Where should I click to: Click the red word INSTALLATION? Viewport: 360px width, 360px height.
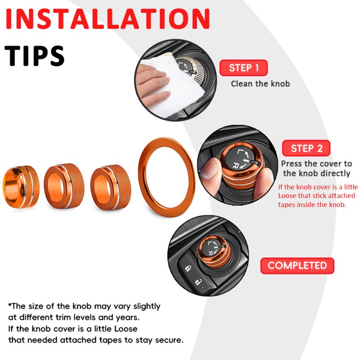pyautogui.click(x=108, y=19)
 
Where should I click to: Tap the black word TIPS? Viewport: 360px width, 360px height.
pyautogui.click(x=35, y=56)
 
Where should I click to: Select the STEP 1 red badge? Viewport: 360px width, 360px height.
pyautogui.click(x=243, y=68)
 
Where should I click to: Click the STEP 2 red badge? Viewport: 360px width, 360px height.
pyautogui.click(x=306, y=148)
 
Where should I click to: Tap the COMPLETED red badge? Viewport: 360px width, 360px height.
pyautogui.click(x=297, y=265)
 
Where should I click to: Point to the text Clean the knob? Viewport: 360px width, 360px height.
pyautogui.click(x=261, y=84)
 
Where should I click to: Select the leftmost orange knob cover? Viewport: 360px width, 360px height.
pyautogui.click(x=21, y=186)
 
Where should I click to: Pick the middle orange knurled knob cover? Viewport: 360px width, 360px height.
pyautogui.click(x=64, y=186)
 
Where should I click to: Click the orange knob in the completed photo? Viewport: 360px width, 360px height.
pyautogui.click(x=215, y=251)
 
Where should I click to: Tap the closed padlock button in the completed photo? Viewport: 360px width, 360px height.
pyautogui.click(x=188, y=268)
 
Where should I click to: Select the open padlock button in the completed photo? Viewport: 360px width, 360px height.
pyautogui.click(x=198, y=282)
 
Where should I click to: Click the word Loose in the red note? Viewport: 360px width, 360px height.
pyautogui.click(x=287, y=196)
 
